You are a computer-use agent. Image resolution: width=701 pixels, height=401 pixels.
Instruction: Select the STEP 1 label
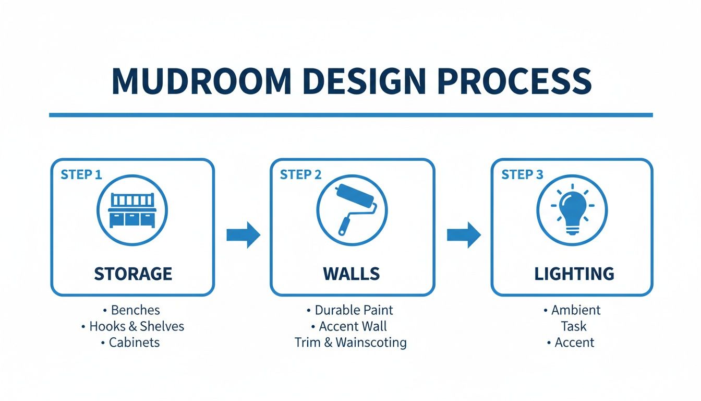click(81, 174)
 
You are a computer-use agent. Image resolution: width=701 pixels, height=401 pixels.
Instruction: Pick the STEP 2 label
click(300, 174)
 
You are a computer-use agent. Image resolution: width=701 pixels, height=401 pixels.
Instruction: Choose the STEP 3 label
click(522, 174)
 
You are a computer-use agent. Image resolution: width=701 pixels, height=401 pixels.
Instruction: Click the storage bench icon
click(132, 210)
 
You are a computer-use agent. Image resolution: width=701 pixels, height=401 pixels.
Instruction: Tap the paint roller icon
click(352, 210)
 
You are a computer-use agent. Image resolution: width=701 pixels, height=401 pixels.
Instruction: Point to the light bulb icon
click(572, 210)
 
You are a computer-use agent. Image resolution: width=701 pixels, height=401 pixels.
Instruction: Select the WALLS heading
click(352, 274)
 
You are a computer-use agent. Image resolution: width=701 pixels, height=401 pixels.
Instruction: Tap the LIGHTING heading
click(574, 274)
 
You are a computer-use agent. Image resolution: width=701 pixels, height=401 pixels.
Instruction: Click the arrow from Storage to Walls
click(243, 235)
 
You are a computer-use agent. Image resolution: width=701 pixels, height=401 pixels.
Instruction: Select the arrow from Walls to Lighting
click(464, 235)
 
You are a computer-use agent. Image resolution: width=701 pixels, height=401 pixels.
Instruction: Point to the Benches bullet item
click(135, 310)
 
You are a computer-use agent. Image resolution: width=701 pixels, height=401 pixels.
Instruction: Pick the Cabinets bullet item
click(134, 343)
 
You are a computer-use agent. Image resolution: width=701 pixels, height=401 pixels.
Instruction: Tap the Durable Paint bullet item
click(354, 310)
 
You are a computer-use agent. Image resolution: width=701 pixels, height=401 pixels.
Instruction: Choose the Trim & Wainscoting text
click(350, 343)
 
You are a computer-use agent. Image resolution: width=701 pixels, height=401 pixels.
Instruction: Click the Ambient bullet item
click(576, 310)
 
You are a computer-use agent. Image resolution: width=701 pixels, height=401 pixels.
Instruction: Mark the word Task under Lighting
click(574, 326)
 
